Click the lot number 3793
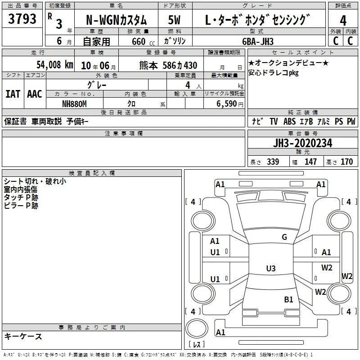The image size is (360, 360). (x=22, y=19)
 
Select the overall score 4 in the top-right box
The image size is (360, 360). (x=343, y=21)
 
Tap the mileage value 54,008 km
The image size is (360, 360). (x=55, y=65)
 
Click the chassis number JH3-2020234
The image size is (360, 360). (x=302, y=143)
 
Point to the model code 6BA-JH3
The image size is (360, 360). (x=258, y=41)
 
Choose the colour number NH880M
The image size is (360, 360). (x=74, y=104)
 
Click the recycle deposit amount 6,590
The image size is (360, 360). (x=227, y=104)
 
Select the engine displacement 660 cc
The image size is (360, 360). (x=143, y=42)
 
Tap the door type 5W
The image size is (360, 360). (x=174, y=20)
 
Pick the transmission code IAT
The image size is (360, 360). (x=13, y=94)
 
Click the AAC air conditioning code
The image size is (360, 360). (x=35, y=94)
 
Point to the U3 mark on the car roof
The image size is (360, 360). (x=271, y=268)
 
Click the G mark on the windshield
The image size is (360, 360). (x=284, y=237)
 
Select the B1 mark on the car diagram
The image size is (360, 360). (x=288, y=300)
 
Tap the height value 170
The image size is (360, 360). (x=346, y=162)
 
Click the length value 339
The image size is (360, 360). (x=273, y=162)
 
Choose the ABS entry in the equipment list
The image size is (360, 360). (x=289, y=121)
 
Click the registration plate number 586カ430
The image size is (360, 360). (x=180, y=66)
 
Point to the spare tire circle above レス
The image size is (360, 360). (x=197, y=328)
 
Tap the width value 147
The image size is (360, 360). (x=310, y=162)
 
